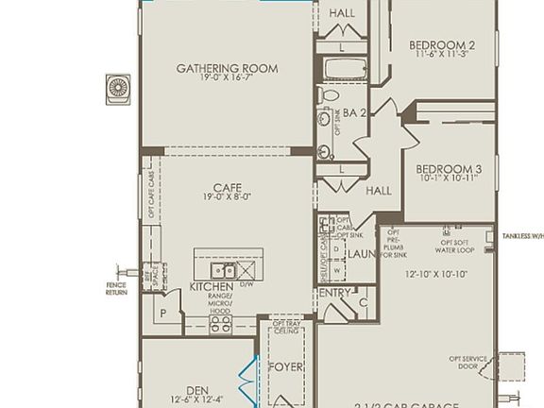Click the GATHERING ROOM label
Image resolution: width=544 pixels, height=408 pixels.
(x=227, y=68)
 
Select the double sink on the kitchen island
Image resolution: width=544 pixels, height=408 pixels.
(x=223, y=272)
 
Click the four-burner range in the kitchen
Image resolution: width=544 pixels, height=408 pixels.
(x=220, y=323)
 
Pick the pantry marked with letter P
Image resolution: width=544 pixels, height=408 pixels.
(x=162, y=312)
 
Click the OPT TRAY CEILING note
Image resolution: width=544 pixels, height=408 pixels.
(x=287, y=326)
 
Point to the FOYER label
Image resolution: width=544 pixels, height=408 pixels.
(x=286, y=366)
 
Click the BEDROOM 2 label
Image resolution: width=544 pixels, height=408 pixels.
(x=441, y=44)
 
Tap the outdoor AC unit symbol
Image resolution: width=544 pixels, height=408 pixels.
(x=118, y=88)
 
